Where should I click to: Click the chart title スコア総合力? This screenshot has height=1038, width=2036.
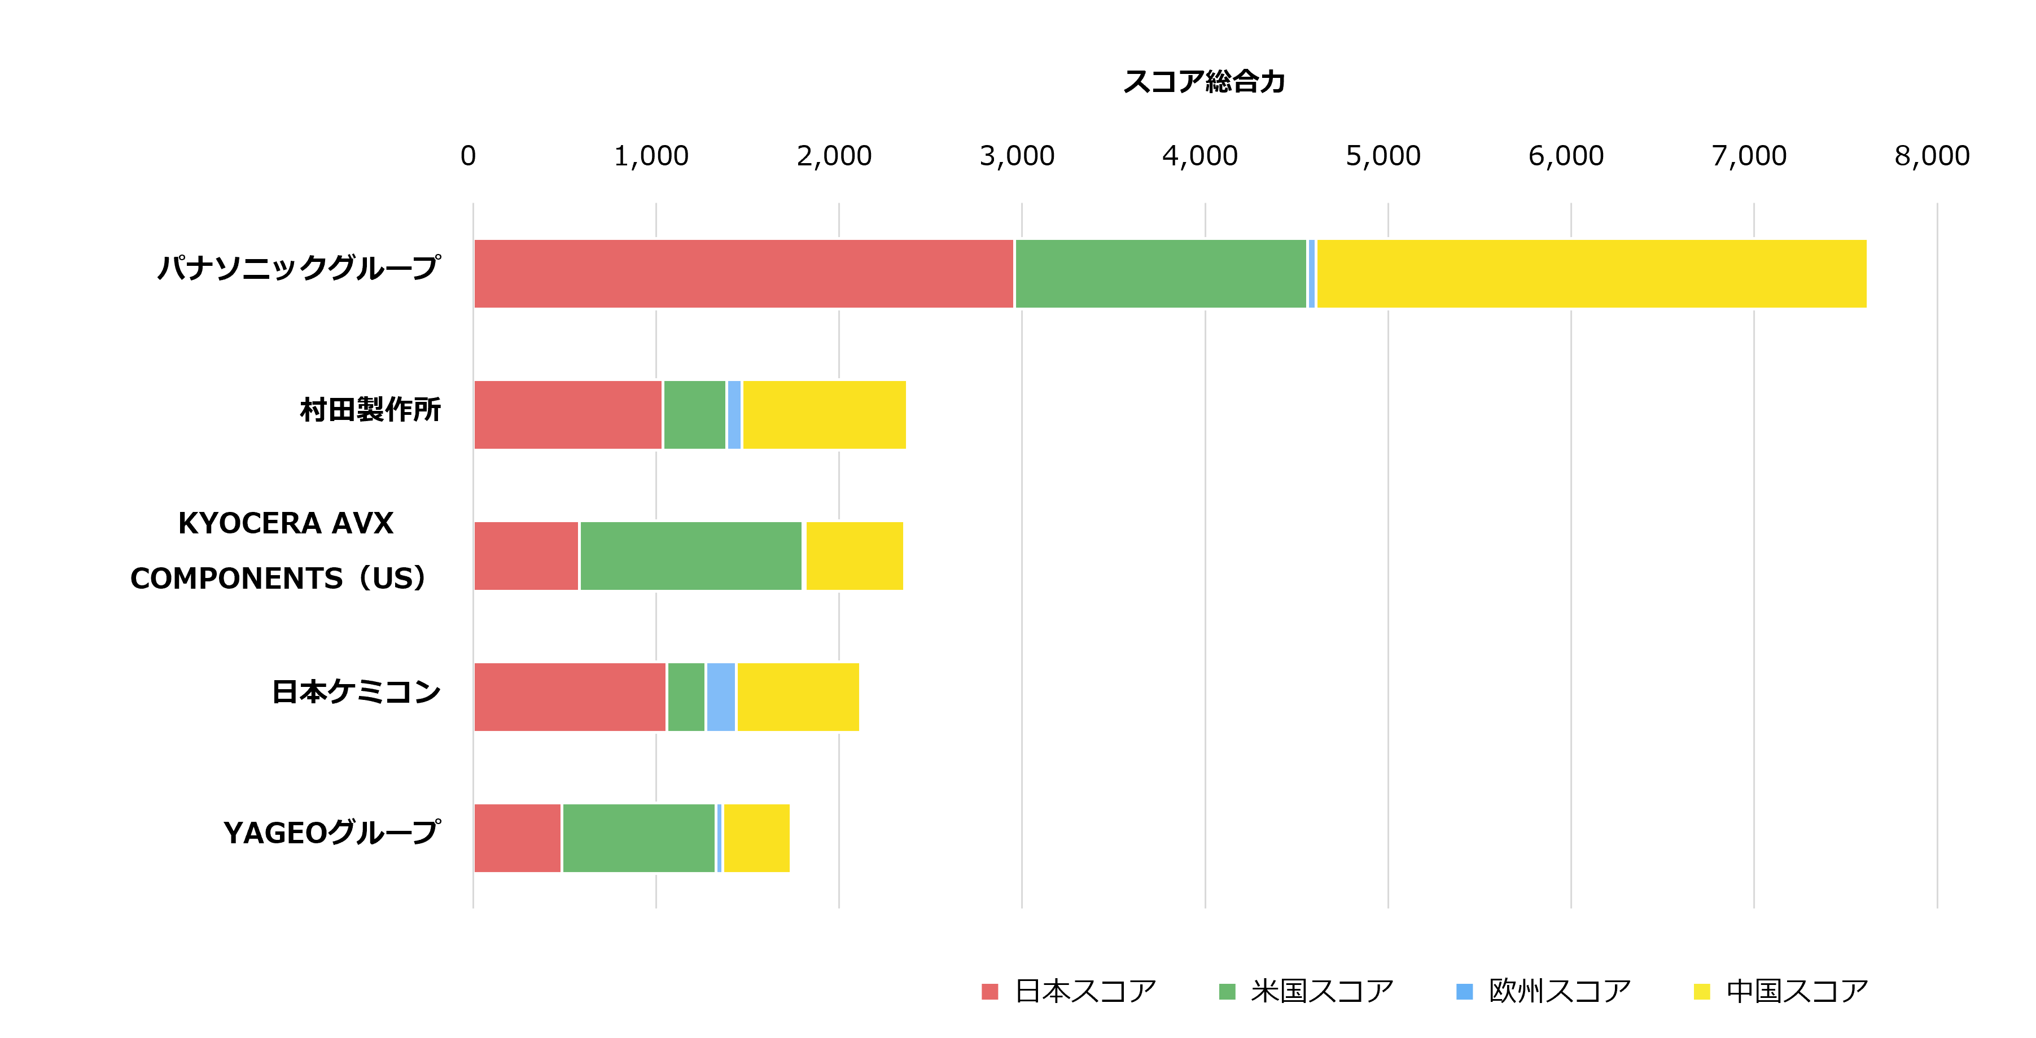pos(1204,81)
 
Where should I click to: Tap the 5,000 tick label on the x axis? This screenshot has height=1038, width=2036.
pos(1382,156)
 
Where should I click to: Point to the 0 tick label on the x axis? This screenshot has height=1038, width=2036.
pos(468,156)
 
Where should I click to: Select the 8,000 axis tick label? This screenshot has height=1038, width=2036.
pos(1931,156)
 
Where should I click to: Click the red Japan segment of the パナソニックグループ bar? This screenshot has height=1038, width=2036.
pos(743,274)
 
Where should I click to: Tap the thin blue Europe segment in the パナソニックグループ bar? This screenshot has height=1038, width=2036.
pos(1311,274)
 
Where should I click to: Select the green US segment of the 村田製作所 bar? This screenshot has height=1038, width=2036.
pos(694,415)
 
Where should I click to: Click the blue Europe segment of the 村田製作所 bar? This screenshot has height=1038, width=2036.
pos(733,415)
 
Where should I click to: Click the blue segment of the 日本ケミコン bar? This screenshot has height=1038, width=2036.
pos(720,697)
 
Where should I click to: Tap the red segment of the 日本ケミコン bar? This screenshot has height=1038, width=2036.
pos(569,697)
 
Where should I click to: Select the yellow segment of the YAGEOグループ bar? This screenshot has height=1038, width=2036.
pos(756,838)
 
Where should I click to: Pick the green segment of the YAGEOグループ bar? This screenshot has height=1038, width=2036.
pos(638,838)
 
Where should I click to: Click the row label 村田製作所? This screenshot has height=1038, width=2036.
pos(370,410)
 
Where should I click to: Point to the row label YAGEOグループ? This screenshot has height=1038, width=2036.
pos(332,833)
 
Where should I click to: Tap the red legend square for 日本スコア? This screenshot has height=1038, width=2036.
pos(989,991)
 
